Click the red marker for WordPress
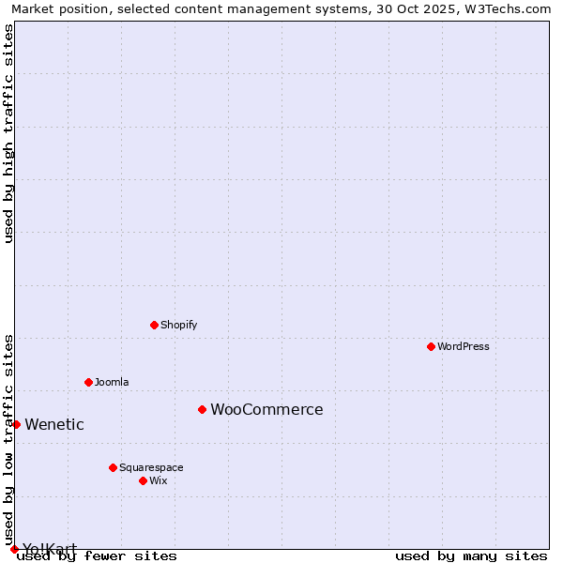tap(431, 346)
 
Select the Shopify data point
tap(154, 325)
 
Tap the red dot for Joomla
tap(88, 382)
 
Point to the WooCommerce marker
tap(202, 409)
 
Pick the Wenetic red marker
tap(16, 424)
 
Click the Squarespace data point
tap(113, 467)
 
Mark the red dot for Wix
tap(143, 480)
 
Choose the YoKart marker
tap(14, 549)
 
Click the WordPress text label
tap(464, 346)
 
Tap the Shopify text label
tap(178, 325)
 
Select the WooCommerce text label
tap(266, 409)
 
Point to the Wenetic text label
tap(54, 424)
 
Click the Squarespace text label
tap(151, 467)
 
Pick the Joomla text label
tap(112, 382)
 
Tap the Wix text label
tap(158, 480)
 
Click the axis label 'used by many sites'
tap(471, 555)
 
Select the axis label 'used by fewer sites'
tap(97, 555)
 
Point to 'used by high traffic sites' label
tap(8, 133)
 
